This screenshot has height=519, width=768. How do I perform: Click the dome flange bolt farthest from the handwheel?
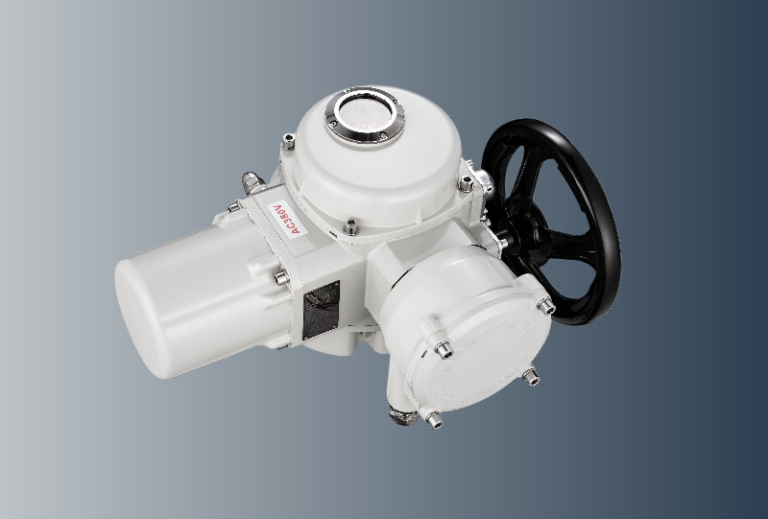[x=287, y=144]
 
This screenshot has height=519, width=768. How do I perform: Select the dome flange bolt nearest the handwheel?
[x=467, y=181]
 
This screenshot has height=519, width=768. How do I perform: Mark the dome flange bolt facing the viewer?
[x=351, y=226]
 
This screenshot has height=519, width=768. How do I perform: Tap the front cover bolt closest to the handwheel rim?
[x=545, y=305]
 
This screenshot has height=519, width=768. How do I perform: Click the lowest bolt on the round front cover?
[x=433, y=418]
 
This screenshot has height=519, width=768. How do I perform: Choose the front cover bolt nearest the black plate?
[x=444, y=350]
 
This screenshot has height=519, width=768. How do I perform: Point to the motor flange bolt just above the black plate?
[x=281, y=278]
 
